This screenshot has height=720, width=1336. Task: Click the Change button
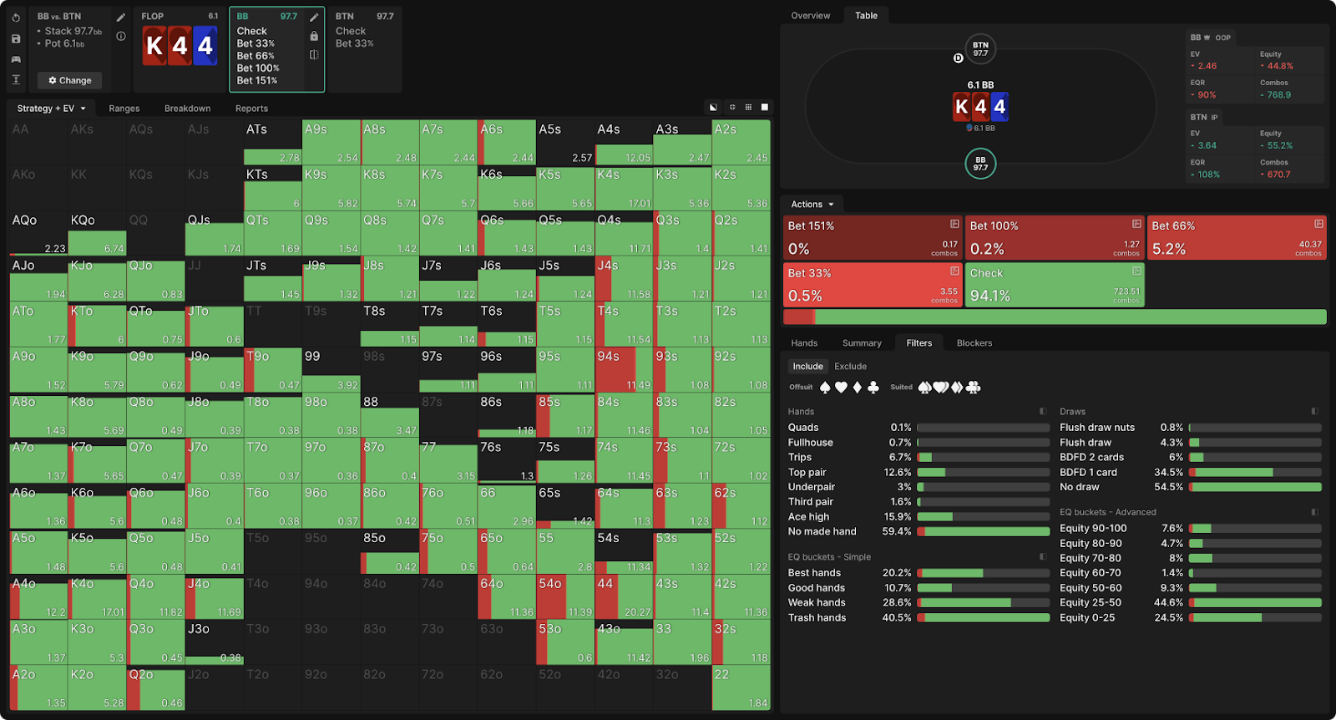(70, 80)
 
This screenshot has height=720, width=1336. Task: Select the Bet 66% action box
(1237, 237)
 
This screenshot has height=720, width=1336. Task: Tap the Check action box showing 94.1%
(1054, 285)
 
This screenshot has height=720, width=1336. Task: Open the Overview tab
(810, 16)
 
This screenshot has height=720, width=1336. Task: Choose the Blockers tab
(974, 343)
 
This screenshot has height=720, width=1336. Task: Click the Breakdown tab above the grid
(187, 109)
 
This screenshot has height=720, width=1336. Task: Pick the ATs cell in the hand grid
(272, 142)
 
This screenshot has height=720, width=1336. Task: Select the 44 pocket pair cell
(624, 596)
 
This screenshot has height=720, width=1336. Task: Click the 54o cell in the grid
(564, 596)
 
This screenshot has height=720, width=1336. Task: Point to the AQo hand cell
(38, 233)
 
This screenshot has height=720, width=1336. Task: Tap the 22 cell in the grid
(741, 687)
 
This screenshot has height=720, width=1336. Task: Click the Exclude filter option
(850, 367)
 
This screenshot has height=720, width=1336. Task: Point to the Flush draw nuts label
(1097, 428)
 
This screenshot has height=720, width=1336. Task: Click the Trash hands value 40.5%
(897, 618)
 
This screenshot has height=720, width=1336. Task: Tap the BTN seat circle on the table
(980, 49)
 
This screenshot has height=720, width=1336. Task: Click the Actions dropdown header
(812, 205)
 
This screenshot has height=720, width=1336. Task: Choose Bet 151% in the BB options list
(257, 81)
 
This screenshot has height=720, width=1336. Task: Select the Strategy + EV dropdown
(51, 109)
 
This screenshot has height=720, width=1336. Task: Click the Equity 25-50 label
(1091, 603)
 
